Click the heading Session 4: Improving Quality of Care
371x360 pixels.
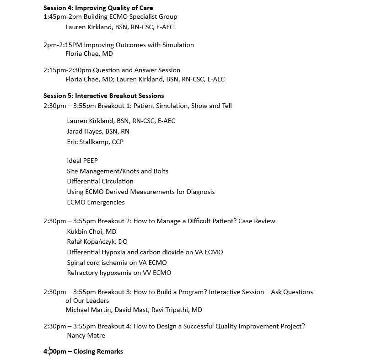98,8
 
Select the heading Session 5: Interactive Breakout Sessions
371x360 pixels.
103,96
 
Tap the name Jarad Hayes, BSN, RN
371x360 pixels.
98,131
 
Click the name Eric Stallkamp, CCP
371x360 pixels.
95,142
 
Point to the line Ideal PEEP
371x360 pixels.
82,161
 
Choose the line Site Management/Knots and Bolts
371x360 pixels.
118,171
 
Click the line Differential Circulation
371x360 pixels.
100,181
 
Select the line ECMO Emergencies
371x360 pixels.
96,202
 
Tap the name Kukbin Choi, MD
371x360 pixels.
91,231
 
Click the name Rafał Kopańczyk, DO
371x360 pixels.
97,242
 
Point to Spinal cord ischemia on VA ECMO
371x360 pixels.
117,263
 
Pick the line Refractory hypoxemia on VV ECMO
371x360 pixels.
119,273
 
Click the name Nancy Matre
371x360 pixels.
86,335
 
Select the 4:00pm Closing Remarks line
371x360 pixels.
83,351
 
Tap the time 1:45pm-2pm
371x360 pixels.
61,16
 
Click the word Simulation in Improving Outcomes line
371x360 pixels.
177,45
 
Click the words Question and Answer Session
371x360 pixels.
136,70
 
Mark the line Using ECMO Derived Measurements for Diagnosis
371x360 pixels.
140,192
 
